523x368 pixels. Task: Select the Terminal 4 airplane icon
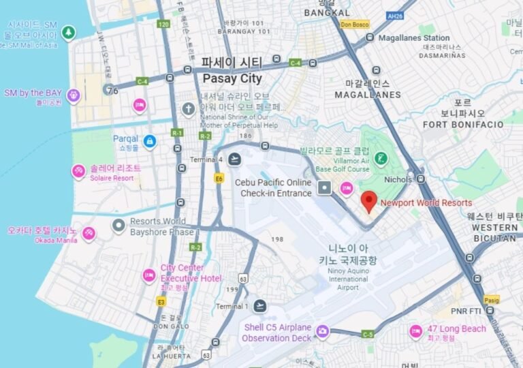pos(235,159)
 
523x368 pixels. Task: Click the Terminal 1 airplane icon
pos(259,306)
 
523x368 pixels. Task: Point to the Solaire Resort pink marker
pos(79,170)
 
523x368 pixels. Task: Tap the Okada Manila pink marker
pos(89,234)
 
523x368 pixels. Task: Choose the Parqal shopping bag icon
pos(150,142)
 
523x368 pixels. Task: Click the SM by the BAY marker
pos(74,95)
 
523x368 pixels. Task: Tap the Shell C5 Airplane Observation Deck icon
pos(322,332)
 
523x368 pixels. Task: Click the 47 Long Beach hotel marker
pos(415,331)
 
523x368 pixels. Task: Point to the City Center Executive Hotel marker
pos(149,275)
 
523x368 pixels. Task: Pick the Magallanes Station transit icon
pos(370,37)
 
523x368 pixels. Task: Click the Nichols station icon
pos(421,179)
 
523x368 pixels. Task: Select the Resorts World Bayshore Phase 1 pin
pos(118,224)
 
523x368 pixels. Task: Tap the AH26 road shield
pos(394,15)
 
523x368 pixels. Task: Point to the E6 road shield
pos(219,179)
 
